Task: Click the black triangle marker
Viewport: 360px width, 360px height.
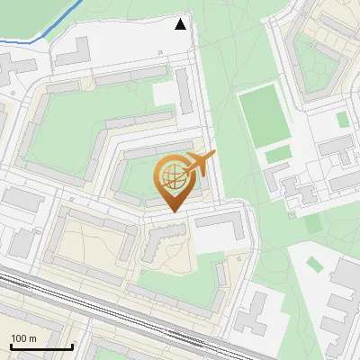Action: tap(181, 24)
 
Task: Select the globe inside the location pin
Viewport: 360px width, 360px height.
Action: tap(171, 175)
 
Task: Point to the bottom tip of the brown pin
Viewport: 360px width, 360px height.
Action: tap(171, 212)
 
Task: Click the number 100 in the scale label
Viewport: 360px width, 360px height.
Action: tap(19, 338)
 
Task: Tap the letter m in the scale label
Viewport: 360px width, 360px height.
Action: tap(32, 338)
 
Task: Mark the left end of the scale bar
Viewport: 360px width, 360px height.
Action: tap(11, 346)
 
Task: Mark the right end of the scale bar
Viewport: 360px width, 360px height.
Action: tap(72, 346)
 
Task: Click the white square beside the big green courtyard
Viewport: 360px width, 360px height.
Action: tap(165, 94)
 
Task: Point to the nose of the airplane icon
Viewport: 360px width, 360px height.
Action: tap(214, 156)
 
